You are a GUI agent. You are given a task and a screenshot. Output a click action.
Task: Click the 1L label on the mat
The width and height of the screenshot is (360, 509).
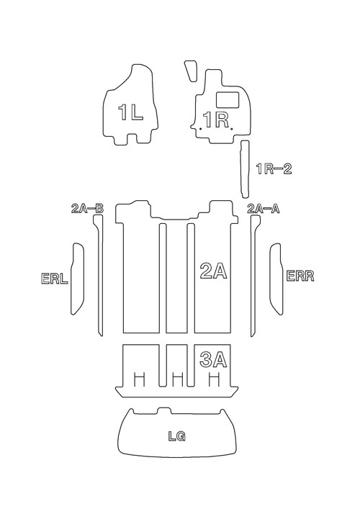[x=130, y=112]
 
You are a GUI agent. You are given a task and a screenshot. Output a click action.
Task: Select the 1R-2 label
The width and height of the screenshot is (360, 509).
[x=274, y=169]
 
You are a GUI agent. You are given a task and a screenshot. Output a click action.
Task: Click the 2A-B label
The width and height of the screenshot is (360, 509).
[x=87, y=209]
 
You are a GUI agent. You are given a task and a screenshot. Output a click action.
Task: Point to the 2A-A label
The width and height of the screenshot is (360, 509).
[x=264, y=209]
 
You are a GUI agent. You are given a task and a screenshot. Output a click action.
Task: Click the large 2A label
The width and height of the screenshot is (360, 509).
[x=213, y=271]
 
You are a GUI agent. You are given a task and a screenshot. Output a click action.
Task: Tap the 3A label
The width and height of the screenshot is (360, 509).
[x=213, y=359]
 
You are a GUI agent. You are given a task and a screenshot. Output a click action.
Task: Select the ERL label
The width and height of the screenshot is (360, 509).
[x=55, y=279]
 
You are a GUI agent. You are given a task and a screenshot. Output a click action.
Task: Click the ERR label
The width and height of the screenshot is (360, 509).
[x=300, y=276]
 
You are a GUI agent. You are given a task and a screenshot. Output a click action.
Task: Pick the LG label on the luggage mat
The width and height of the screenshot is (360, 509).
[x=177, y=436]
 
